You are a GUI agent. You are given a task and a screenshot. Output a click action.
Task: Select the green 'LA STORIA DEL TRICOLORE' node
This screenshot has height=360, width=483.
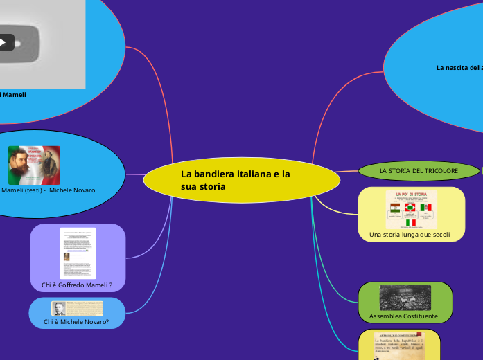(x=419, y=170)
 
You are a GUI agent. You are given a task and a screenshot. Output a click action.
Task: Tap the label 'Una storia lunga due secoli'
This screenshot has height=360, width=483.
(x=410, y=235)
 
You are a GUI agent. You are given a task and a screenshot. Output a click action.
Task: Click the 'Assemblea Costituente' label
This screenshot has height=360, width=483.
(x=403, y=316)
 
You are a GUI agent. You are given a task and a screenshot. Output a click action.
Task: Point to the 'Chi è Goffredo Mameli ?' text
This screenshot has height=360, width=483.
(x=77, y=285)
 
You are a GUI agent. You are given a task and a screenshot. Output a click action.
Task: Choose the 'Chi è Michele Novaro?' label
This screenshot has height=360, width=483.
(x=76, y=322)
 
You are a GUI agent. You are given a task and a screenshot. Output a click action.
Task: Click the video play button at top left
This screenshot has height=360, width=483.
(x=3, y=43)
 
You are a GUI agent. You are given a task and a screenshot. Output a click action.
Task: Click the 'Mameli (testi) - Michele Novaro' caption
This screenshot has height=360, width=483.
(x=49, y=190)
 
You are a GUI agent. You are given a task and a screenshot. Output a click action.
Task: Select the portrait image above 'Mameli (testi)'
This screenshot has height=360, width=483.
(x=34, y=165)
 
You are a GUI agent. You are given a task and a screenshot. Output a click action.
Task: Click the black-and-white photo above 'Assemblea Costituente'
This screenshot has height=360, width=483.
(x=405, y=298)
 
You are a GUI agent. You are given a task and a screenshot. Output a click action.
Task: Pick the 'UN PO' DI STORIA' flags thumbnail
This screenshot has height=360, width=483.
(x=411, y=210)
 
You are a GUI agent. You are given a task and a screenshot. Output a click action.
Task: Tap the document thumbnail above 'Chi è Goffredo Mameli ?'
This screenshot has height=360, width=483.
(x=78, y=253)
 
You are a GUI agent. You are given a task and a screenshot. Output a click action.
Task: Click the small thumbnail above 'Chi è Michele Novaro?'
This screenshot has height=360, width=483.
(x=76, y=309)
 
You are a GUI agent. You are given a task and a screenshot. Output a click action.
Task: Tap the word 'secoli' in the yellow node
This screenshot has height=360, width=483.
(x=439, y=235)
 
